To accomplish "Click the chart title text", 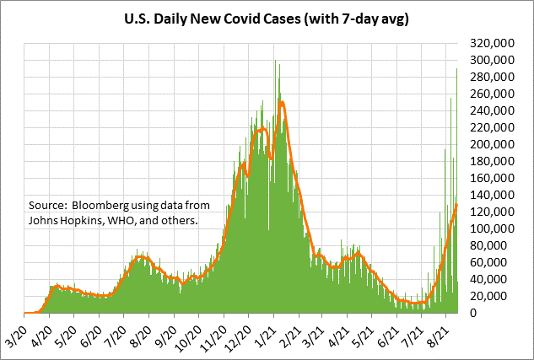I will click(x=267, y=19).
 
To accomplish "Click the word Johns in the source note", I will click(x=44, y=221).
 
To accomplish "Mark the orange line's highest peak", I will click(x=281, y=103).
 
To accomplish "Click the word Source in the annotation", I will click(x=47, y=206).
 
